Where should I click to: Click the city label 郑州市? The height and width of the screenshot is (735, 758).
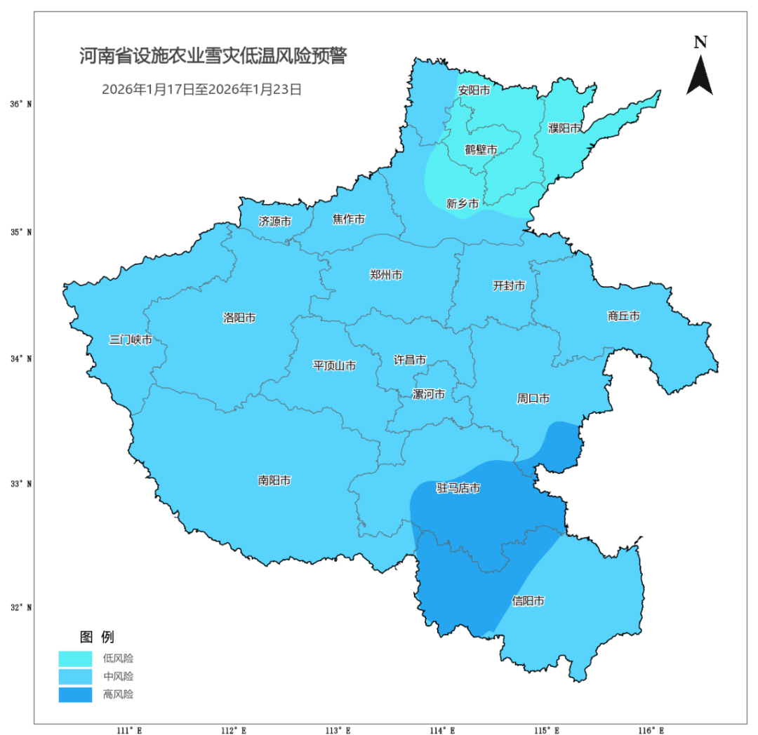point(386,275)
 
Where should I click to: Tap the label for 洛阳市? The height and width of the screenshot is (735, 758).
point(239,318)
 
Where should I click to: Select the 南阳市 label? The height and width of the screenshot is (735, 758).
point(274,480)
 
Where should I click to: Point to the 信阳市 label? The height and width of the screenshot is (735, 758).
point(528,601)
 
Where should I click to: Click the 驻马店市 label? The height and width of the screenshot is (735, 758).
point(458,488)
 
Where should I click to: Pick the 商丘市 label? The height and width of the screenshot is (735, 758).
point(623,316)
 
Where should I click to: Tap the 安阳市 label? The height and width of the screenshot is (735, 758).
point(474,90)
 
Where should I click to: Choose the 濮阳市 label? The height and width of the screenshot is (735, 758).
point(564,128)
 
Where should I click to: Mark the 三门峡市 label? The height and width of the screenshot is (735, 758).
point(131,340)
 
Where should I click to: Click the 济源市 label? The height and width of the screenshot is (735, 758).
point(275,222)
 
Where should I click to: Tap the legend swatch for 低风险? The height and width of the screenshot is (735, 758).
point(75,659)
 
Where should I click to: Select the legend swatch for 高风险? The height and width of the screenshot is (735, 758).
point(75,694)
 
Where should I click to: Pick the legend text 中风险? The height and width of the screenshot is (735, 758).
point(118,677)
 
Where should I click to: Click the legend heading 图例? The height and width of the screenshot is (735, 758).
point(97,638)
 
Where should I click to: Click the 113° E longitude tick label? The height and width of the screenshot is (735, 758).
point(340,730)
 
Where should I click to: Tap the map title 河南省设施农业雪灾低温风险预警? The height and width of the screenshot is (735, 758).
point(213,57)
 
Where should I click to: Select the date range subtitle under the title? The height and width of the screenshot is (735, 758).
point(201,90)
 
